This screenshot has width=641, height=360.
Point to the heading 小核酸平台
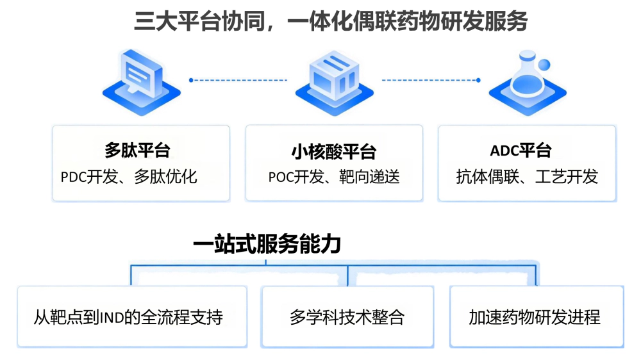[x=333, y=152]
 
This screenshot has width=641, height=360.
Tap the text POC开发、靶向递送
[x=334, y=177]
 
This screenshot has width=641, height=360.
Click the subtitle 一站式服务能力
[x=267, y=244]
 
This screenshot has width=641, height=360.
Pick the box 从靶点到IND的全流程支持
[x=132, y=317]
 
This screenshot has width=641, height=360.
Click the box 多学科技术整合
[x=347, y=317]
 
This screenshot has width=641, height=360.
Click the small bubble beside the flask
[x=544, y=65]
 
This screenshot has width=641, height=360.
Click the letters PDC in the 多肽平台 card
[x=74, y=177]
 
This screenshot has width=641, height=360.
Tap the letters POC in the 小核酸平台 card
[x=281, y=177]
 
